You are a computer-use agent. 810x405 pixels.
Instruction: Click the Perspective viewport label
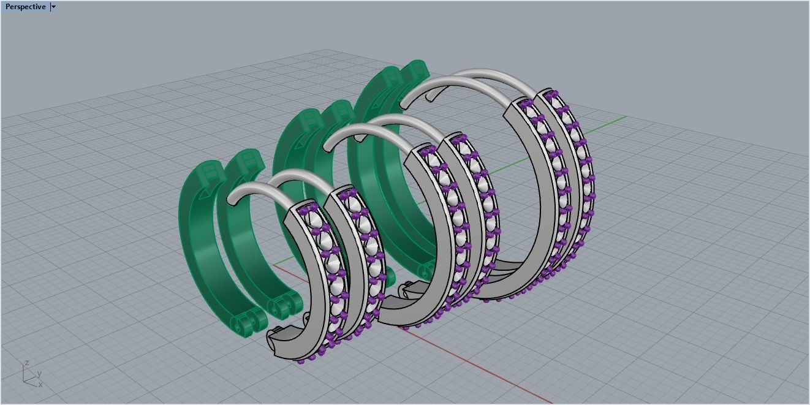point(25,7)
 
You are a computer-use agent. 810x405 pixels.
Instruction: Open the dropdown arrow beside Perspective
point(53,7)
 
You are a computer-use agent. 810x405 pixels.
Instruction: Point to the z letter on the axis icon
point(27,363)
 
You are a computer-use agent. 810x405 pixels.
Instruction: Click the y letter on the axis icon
point(39,373)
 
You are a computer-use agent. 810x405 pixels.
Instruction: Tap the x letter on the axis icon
point(40,385)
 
